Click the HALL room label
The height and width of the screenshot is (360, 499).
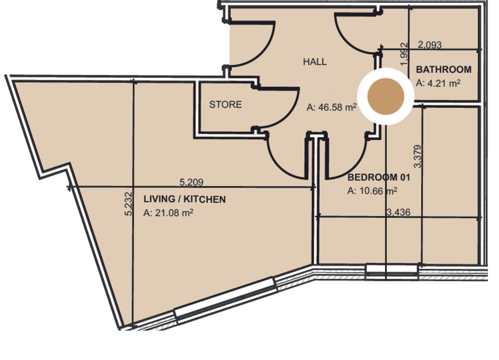315,62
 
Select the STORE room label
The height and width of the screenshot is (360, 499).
225,104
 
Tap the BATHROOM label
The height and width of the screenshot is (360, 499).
444,69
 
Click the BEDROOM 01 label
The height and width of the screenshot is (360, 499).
379,178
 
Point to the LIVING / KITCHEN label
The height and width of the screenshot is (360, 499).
184,200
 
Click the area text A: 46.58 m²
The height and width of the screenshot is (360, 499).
332,108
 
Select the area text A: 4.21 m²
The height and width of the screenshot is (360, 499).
437,83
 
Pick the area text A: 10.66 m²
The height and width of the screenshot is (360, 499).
372,191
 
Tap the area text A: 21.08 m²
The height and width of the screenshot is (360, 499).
168,213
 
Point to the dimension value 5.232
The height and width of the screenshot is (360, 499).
128,204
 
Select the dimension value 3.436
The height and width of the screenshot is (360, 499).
398,213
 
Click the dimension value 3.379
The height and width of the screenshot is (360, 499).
418,156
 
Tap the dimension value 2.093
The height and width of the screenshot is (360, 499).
429,45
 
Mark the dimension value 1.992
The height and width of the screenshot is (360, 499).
403,54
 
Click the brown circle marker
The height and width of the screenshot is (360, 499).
386,96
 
